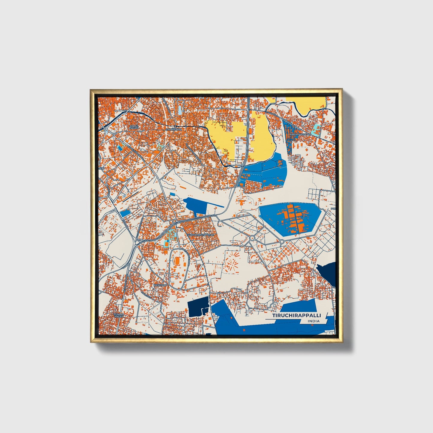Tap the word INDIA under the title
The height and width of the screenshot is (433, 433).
click(313, 321)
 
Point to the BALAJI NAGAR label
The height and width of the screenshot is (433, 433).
click(134, 127)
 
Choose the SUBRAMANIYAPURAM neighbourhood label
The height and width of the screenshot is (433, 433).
click(201, 235)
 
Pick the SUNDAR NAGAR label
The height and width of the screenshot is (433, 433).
click(119, 315)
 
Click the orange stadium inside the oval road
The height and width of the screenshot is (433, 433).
click(178, 262)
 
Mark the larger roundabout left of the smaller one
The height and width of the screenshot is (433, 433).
click(252, 238)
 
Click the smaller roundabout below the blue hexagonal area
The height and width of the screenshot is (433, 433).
click(282, 242)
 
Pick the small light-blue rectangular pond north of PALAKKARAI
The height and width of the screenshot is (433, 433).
click(180, 110)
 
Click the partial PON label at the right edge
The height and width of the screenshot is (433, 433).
click(333, 209)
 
